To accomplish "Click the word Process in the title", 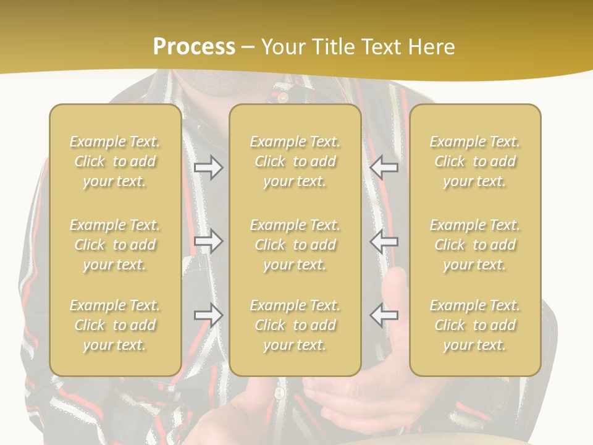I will [194, 47].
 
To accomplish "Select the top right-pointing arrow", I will [209, 167].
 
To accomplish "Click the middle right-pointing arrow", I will [209, 241].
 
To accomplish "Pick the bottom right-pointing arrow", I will [209, 315].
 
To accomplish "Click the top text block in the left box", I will [115, 161].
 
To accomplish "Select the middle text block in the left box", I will [115, 245].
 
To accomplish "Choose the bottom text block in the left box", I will [115, 325].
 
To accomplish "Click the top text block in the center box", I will [295, 161].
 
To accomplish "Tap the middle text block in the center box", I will [295, 245].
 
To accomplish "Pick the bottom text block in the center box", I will [295, 325].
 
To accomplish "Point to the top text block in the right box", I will [474, 161].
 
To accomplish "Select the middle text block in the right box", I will [474, 245].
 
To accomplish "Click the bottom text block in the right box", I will [474, 325].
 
